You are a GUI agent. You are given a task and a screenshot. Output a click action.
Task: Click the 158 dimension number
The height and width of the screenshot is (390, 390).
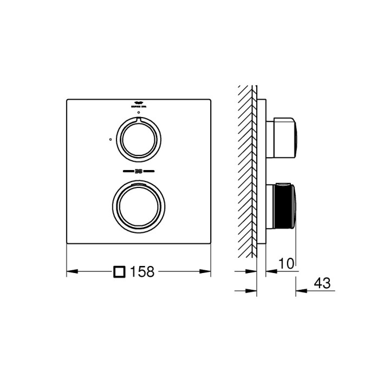(142, 271)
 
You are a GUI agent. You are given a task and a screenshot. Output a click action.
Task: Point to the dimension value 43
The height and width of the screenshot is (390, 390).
(321, 283)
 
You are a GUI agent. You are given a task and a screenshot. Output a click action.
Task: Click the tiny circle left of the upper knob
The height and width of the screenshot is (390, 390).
(110, 139)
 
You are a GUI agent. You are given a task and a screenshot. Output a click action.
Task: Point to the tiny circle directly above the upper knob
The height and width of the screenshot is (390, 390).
(138, 113)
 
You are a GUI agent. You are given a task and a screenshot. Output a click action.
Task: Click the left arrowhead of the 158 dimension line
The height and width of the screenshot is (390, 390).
(70, 271)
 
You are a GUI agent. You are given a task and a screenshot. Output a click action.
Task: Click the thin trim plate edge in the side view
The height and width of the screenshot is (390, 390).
(262, 173)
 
